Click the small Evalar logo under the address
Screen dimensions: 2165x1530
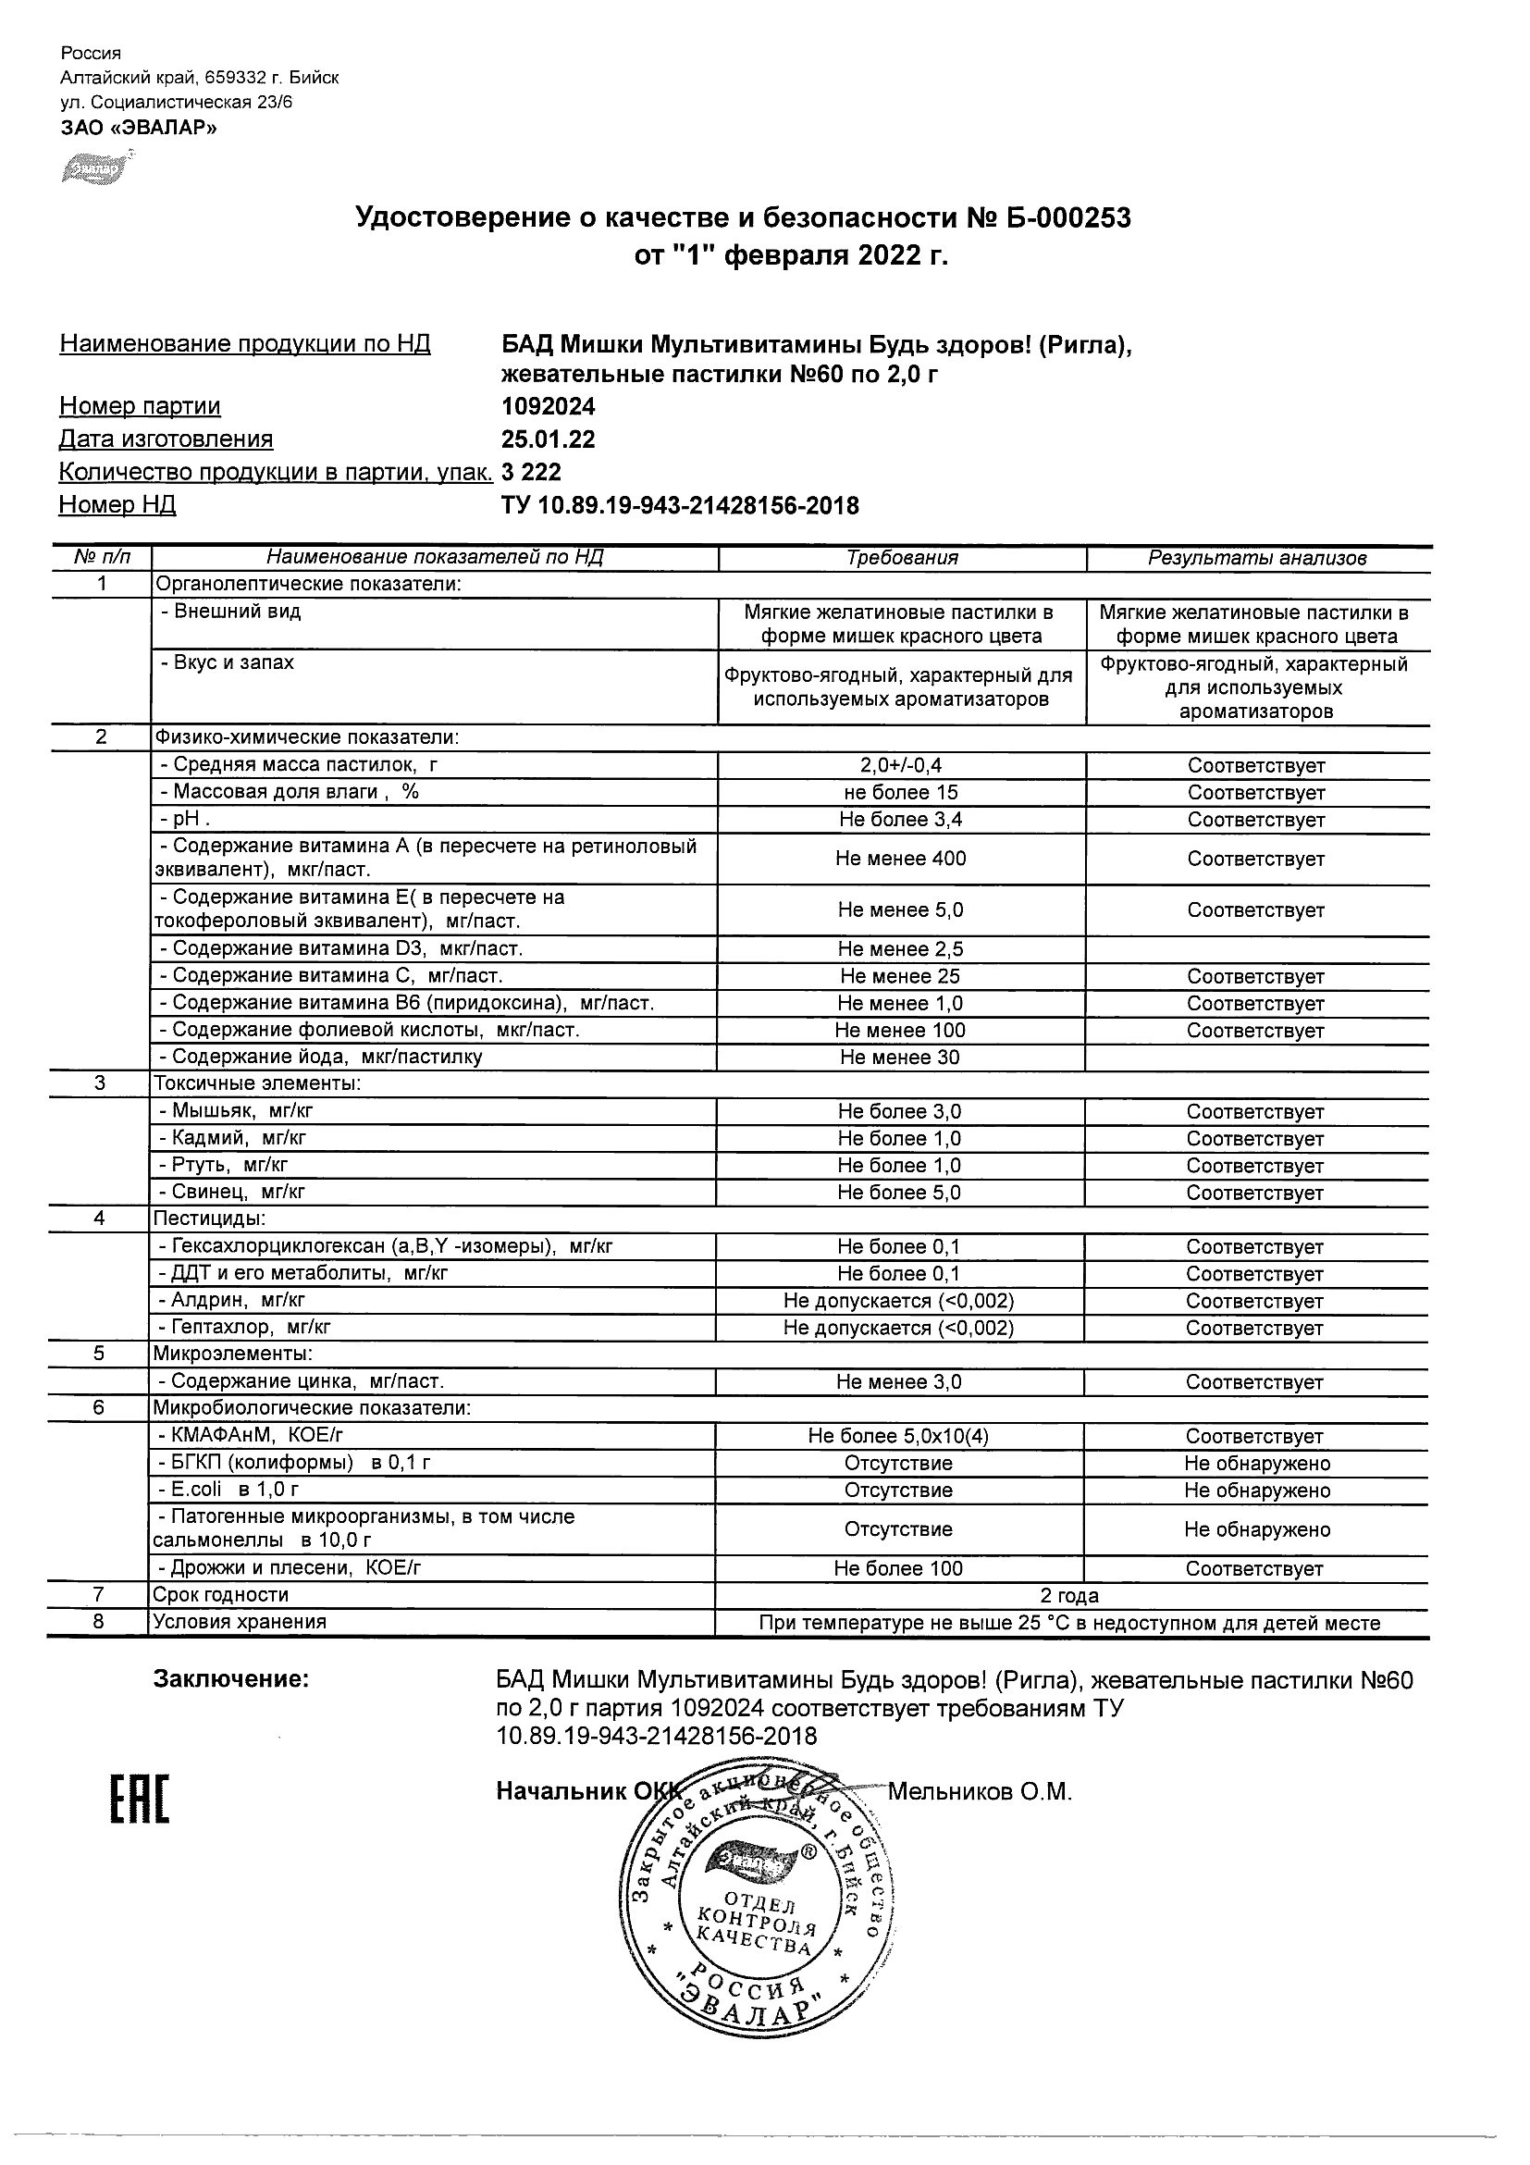tap(93, 169)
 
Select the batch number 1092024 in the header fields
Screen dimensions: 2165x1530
tap(548, 406)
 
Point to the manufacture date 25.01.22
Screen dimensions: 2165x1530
tap(548, 439)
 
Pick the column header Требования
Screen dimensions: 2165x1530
tap(902, 558)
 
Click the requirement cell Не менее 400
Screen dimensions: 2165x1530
tap(900, 858)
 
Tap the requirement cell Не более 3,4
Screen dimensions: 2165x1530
tap(900, 820)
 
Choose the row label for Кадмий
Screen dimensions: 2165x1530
tap(239, 1138)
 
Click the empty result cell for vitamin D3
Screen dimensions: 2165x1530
tap(1256, 948)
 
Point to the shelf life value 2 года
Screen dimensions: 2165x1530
tap(1069, 1595)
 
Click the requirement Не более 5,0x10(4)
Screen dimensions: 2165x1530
tap(898, 1436)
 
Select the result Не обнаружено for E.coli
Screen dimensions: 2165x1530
tap(1256, 1491)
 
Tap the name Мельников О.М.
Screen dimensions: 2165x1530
tap(980, 1791)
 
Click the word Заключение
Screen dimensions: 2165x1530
tap(231, 1679)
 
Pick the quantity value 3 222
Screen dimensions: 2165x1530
tap(531, 472)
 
